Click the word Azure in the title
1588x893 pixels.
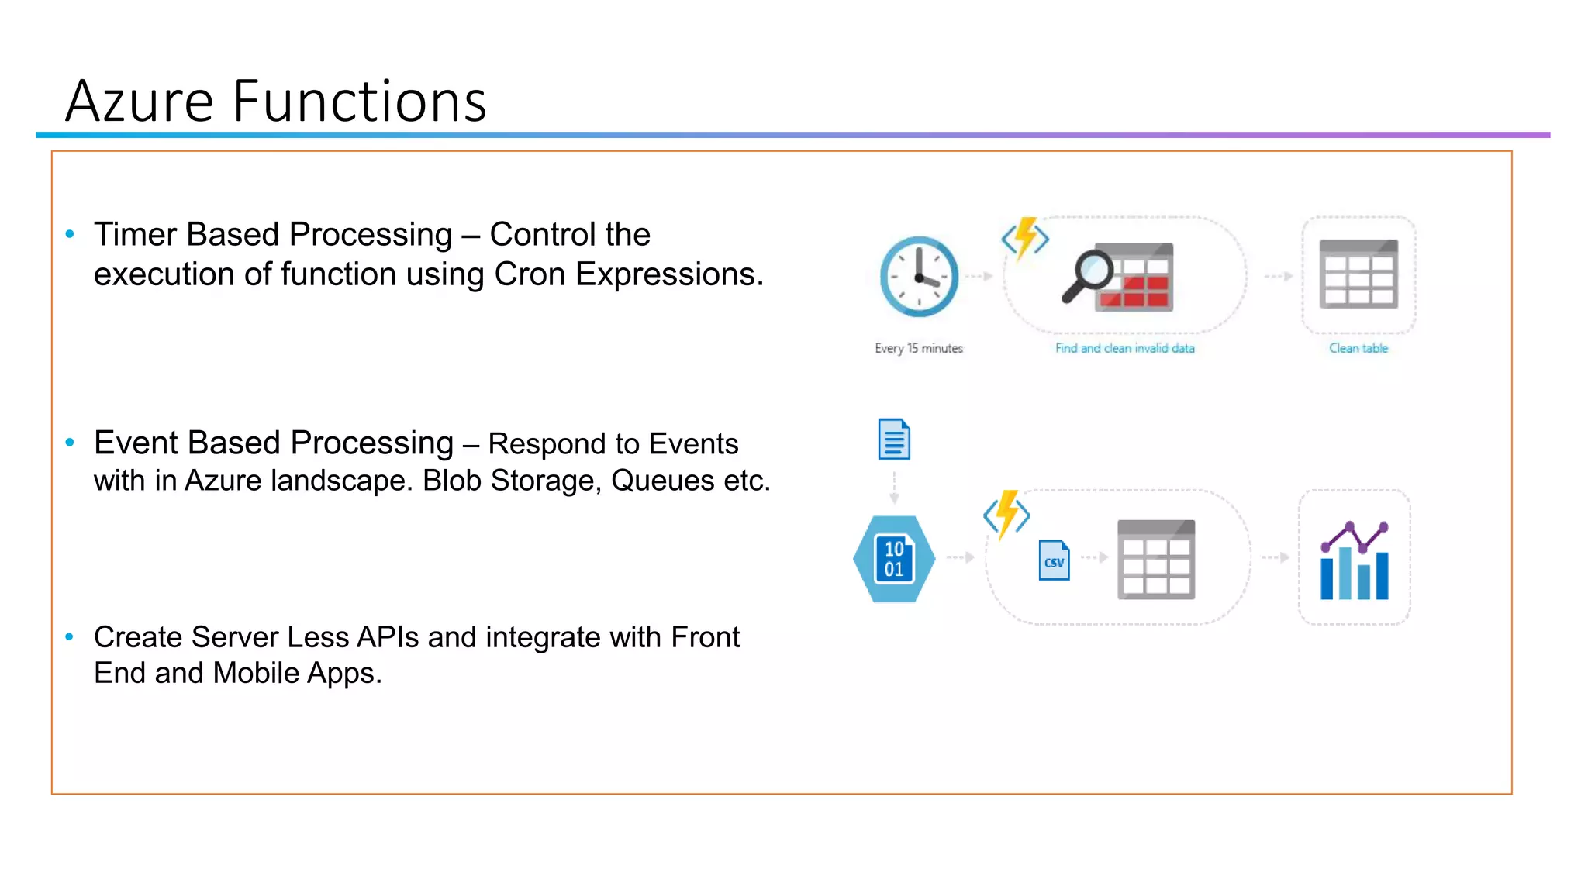(140, 102)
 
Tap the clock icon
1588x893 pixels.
(919, 277)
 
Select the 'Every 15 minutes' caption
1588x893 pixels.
(919, 349)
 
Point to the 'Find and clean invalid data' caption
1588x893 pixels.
(1124, 349)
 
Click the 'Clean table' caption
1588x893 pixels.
(1358, 349)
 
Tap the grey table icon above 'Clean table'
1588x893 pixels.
(1358, 274)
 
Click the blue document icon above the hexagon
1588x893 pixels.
(894, 440)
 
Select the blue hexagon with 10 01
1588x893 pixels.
(894, 559)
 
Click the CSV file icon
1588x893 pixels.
(1054, 560)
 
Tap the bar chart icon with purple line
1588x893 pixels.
(1355, 560)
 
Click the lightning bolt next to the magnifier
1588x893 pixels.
(1025, 237)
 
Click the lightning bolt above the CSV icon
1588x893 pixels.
(1006, 514)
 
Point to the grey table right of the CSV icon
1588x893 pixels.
(1155, 560)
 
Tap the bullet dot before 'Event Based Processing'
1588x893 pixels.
(70, 443)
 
